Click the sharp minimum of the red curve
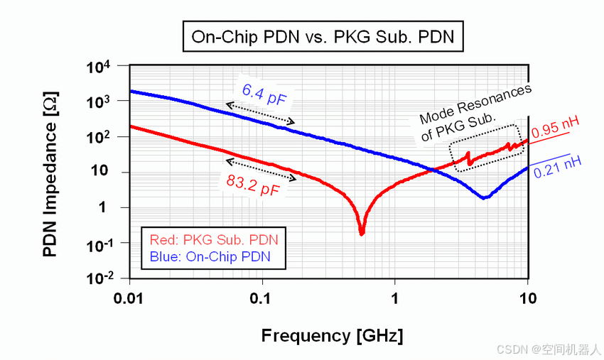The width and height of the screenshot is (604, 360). point(362,231)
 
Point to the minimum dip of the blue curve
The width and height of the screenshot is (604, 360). point(483,197)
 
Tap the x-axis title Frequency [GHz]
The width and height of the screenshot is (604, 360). point(333,334)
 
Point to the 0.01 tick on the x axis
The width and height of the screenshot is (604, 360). point(129,298)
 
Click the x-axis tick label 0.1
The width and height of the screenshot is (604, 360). point(262,298)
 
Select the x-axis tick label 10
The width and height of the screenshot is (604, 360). point(527,298)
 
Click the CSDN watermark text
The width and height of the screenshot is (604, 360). point(549,350)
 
